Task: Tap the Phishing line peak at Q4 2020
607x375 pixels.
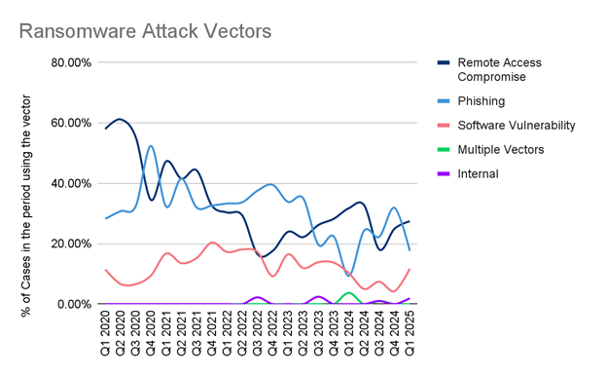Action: coord(151,146)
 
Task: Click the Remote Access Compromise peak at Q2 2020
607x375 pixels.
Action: coord(120,120)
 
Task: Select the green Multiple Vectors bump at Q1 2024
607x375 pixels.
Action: coord(348,292)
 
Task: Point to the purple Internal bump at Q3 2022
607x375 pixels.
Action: coord(258,297)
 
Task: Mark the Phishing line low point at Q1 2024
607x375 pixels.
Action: coord(349,276)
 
